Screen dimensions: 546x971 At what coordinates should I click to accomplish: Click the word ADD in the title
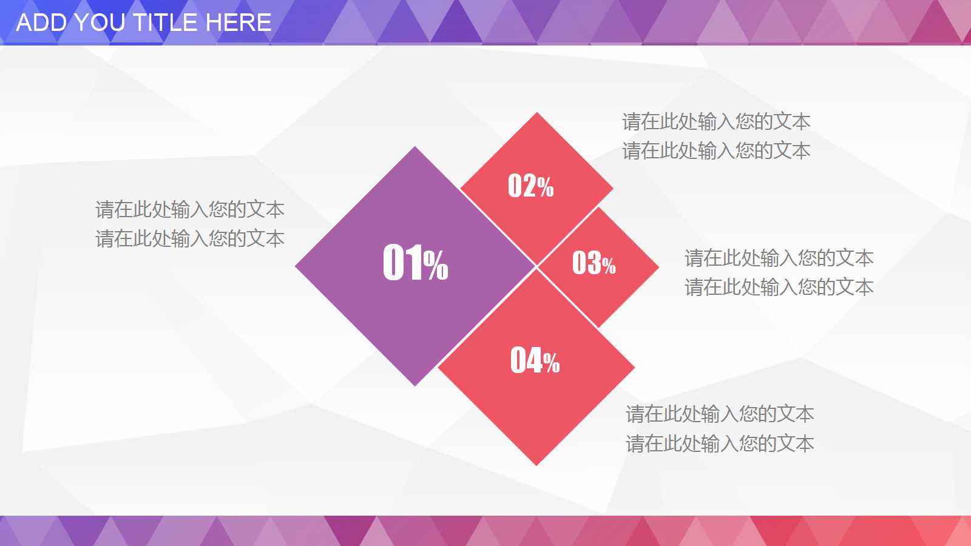click(x=41, y=23)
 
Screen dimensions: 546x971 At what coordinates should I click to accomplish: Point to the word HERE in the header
click(x=239, y=23)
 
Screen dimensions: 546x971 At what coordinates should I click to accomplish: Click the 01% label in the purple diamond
click(x=415, y=263)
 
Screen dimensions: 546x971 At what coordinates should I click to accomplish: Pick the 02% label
click(x=530, y=186)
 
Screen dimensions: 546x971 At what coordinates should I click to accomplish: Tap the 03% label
click(x=594, y=263)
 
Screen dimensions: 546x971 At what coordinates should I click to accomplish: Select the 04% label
click(x=535, y=360)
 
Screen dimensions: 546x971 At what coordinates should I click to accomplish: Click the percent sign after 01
click(x=436, y=265)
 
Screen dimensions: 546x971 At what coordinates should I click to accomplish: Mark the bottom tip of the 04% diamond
click(x=536, y=463)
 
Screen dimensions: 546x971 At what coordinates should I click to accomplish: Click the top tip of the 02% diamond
click(x=536, y=114)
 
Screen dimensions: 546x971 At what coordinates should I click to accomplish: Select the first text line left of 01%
click(x=190, y=210)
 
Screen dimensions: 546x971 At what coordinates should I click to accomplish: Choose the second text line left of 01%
click(x=190, y=239)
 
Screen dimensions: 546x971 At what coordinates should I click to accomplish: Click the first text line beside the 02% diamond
click(x=716, y=122)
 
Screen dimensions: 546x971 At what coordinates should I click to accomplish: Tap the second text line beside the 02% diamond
click(x=716, y=151)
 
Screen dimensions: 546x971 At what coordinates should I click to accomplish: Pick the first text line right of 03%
click(x=779, y=258)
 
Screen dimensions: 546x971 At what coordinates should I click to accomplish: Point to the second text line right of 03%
click(x=779, y=288)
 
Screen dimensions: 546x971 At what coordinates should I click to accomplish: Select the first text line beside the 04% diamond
click(x=720, y=414)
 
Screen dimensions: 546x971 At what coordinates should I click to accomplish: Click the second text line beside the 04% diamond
click(x=720, y=444)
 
